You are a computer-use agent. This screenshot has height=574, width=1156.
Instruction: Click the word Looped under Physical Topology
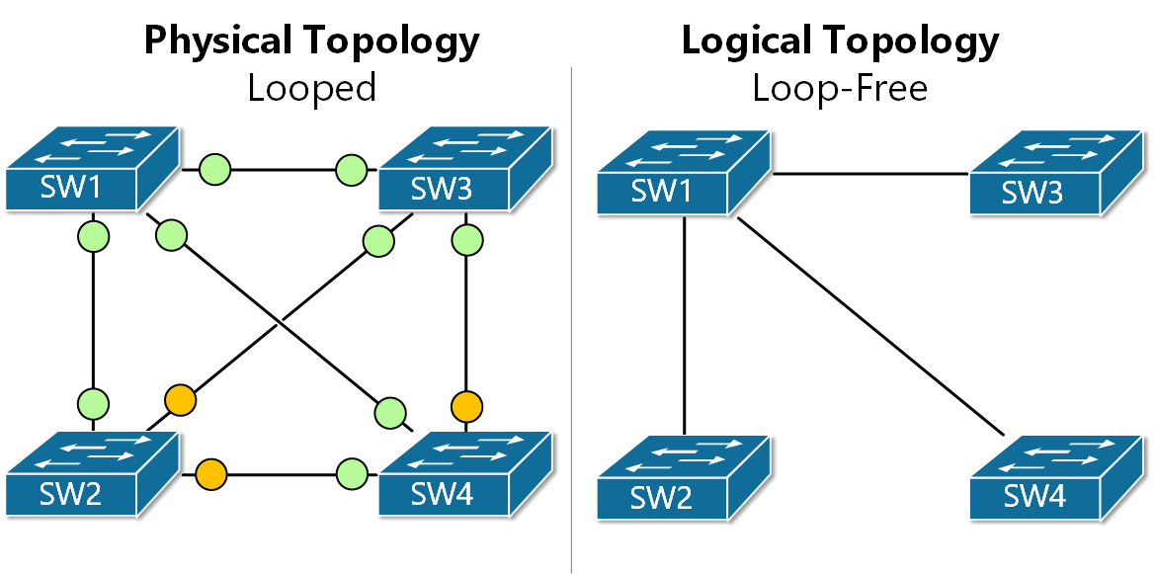(311, 89)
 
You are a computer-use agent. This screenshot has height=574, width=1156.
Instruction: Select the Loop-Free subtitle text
(839, 89)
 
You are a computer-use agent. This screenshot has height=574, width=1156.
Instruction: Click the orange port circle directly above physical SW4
(466, 405)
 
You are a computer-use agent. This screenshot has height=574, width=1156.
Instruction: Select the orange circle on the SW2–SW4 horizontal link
(211, 475)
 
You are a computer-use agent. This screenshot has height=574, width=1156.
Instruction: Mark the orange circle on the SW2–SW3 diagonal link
(180, 400)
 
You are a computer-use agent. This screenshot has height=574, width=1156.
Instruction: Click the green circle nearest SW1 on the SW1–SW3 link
(214, 169)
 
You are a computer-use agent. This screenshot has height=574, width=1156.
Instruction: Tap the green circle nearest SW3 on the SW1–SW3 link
(351, 169)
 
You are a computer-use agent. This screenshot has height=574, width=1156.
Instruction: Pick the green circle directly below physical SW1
(93, 237)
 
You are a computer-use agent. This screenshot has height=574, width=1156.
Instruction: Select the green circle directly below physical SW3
(466, 239)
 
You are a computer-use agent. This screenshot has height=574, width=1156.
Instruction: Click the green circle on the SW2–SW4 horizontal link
(351, 475)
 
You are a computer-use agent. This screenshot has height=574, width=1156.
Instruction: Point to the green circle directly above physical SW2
(93, 403)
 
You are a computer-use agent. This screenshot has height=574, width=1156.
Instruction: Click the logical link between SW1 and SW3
(869, 174)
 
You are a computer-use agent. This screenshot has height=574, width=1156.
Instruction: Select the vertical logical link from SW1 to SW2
(684, 326)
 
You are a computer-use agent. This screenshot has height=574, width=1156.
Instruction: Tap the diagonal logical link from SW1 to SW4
(869, 326)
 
